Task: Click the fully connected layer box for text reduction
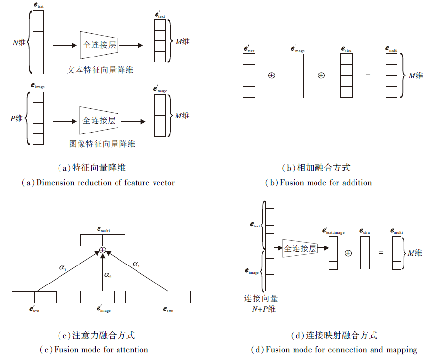(100, 45)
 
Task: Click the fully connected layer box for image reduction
(99, 120)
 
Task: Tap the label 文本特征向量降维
(100, 70)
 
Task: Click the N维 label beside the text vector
(20, 42)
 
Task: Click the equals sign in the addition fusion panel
(368, 76)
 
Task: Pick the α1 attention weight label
(63, 267)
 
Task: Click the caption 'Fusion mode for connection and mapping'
(334, 349)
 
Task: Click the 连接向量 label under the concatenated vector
(261, 298)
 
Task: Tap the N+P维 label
(263, 309)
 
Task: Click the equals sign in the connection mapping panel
(381, 253)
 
